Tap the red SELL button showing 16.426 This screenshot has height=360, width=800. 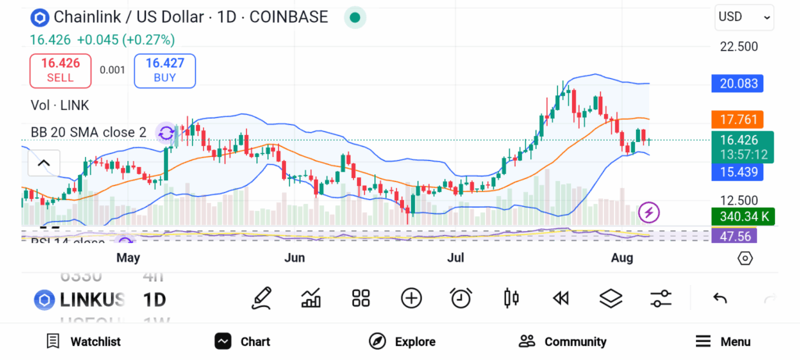coord(60,70)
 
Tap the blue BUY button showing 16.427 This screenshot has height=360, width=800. coord(165,70)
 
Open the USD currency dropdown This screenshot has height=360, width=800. coord(745,16)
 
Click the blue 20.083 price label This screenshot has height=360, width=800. coord(737,84)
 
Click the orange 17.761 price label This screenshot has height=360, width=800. coord(737,119)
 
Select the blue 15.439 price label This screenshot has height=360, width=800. coord(737,172)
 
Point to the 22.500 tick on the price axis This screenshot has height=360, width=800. coord(738,46)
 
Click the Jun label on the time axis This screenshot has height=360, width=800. coord(294,258)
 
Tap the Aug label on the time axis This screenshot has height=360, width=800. coord(621,258)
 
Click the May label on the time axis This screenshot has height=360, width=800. coord(127,258)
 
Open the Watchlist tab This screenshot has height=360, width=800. coord(84,341)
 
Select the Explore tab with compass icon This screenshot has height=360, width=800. coord(402,341)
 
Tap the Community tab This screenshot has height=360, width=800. coord(562,341)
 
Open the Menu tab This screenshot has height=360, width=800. coord(723,341)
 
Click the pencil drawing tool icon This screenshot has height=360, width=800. coord(262,298)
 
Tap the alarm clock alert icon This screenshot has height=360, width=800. coord(461,298)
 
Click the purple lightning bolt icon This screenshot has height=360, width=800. coord(649,212)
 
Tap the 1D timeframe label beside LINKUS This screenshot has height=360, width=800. coord(154,299)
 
